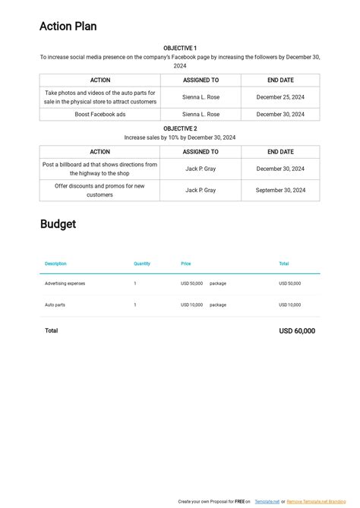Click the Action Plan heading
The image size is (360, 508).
[68, 27]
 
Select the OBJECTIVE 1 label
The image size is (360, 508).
[179, 48]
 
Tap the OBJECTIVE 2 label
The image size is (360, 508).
[179, 128]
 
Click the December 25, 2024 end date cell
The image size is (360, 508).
[280, 97]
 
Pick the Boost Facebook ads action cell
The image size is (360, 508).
[99, 114]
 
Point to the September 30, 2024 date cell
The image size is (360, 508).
[280, 191]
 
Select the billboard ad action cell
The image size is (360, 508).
[99, 169]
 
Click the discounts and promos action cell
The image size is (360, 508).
[99, 191]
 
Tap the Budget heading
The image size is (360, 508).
[58, 224]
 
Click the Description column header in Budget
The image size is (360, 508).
[55, 263]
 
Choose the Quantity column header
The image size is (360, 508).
[142, 263]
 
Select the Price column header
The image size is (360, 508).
[186, 263]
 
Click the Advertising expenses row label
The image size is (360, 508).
[65, 283]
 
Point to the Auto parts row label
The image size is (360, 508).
[55, 304]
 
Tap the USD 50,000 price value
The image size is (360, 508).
[191, 283]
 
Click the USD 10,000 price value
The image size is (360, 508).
[191, 304]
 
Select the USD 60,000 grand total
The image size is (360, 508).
[297, 331]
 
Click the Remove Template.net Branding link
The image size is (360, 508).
[316, 501]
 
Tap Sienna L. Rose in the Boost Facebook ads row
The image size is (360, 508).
[201, 114]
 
